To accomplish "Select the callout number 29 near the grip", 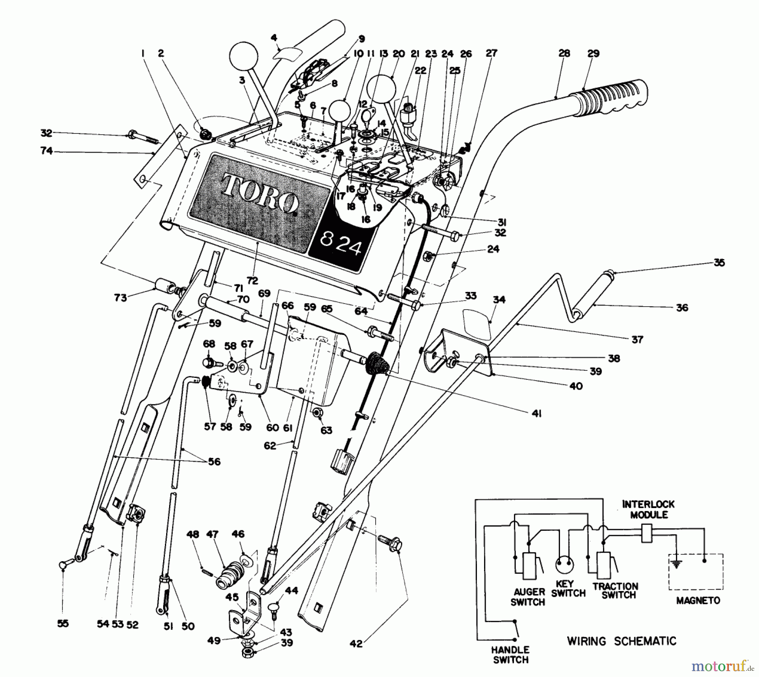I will point(593,54).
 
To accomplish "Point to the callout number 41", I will point(536,413).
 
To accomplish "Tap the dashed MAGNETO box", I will point(696,572).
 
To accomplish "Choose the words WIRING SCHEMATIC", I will point(621,641).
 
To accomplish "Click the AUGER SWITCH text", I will point(528,597).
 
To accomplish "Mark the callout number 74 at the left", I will point(46,150).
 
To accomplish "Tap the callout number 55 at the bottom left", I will point(62,623).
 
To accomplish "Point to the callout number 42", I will point(356,644).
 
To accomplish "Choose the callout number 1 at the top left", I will point(143,53).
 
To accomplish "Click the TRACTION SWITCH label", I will point(615,591).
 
